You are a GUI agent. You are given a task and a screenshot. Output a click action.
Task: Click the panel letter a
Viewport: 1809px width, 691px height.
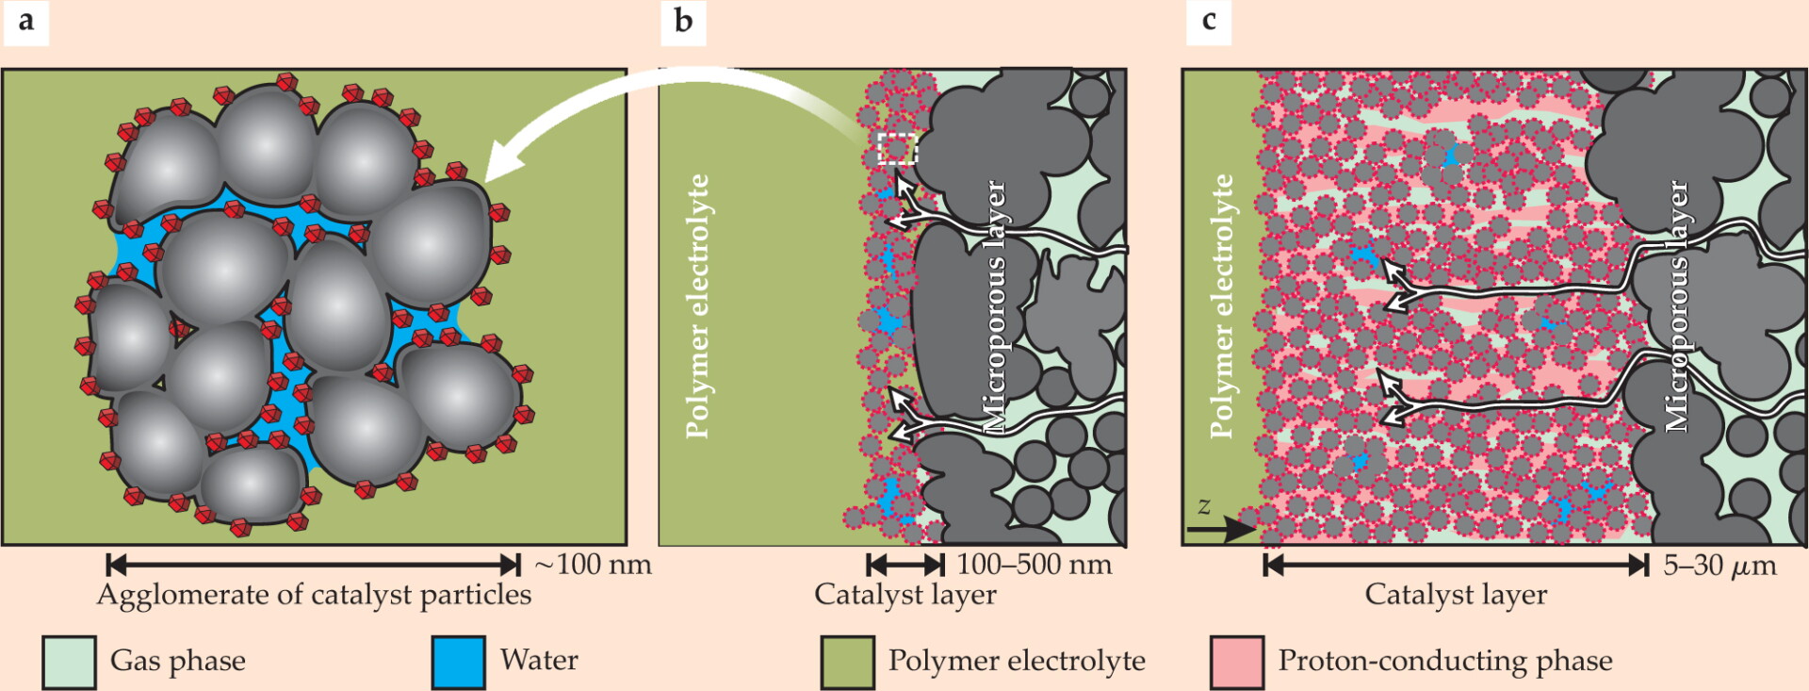tap(26, 20)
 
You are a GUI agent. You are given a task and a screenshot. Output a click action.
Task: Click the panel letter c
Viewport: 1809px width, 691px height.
tap(1209, 20)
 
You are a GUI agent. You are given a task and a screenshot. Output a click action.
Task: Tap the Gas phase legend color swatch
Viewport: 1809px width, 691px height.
tap(69, 662)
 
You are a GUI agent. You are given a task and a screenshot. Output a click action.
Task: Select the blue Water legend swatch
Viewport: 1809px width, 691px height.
tap(459, 662)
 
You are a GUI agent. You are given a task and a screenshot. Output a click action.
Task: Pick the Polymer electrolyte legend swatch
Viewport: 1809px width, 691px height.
tap(848, 662)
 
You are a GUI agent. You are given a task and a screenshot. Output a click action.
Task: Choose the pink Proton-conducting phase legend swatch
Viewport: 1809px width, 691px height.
tap(1237, 662)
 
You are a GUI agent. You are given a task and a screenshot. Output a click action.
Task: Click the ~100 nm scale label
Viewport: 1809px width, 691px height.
tap(593, 565)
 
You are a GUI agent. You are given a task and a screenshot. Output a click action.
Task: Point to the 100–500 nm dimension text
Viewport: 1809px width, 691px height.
tap(1035, 565)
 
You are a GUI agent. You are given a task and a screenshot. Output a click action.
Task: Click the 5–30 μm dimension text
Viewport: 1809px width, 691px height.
tap(1719, 566)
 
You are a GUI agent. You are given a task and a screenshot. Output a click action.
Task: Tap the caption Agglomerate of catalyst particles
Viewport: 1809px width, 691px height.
tap(314, 595)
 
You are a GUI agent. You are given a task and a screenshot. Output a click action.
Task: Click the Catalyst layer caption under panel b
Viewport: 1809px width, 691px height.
tap(904, 595)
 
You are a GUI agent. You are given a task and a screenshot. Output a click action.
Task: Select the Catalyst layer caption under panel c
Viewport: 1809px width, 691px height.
tap(1456, 595)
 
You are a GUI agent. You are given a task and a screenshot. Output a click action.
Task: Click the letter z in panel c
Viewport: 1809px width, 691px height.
tap(1203, 507)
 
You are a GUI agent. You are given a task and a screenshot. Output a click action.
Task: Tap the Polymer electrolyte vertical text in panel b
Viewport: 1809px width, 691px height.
tap(697, 306)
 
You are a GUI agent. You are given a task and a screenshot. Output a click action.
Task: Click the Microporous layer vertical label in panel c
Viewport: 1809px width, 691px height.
tap(1677, 306)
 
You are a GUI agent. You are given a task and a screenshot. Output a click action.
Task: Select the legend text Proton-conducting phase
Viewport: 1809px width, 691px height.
tap(1445, 661)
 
